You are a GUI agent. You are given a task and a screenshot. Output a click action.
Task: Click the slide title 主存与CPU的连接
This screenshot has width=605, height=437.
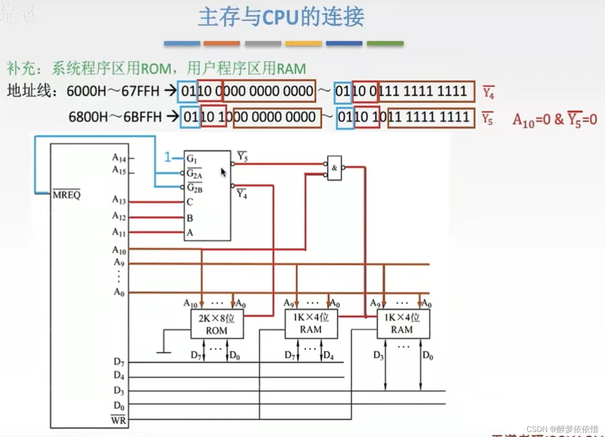281,17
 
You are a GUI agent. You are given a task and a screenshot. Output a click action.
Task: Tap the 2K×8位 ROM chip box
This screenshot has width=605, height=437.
216,324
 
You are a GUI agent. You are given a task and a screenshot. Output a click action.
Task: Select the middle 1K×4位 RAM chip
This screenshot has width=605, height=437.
311,323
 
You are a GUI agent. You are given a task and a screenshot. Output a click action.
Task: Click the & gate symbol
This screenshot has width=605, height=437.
334,168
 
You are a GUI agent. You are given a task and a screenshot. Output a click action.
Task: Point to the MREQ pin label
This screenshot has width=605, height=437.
66,195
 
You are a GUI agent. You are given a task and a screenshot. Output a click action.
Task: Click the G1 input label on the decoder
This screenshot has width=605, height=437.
191,158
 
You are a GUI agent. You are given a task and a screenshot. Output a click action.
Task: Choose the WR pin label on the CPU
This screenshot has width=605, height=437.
118,420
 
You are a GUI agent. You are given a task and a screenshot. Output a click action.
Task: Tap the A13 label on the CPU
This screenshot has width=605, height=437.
119,200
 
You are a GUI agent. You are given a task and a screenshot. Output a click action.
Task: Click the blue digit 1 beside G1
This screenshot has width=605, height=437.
168,158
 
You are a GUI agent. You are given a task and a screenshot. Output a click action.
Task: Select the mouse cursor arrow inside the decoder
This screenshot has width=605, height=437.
223,172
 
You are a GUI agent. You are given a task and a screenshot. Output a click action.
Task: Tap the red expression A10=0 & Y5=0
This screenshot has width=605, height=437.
554,120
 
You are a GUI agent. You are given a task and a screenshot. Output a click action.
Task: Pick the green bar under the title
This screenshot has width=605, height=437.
385,43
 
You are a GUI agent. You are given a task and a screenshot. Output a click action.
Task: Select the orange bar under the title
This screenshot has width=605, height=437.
222,43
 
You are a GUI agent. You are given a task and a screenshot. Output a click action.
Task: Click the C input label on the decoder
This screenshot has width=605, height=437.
190,202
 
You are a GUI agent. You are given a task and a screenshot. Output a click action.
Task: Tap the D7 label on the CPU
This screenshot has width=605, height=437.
119,361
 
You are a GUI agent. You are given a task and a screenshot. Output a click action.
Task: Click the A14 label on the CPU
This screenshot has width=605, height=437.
119,158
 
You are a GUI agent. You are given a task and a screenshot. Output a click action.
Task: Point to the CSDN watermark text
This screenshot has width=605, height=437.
562,429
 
